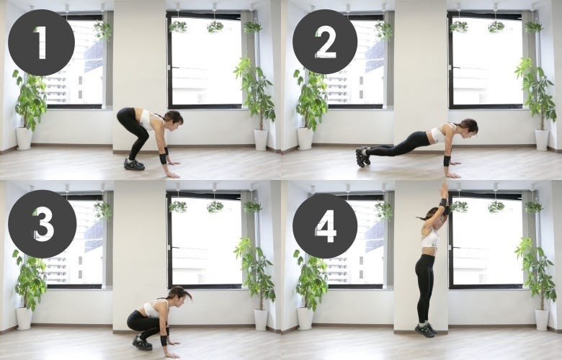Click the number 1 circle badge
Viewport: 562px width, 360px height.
(41, 42)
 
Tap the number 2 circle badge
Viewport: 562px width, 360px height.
(325, 42)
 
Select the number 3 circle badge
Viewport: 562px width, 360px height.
(42, 224)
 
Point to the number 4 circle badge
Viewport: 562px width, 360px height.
(325, 225)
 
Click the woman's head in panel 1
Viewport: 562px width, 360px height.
(174, 119)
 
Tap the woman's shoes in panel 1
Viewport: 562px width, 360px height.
(134, 164)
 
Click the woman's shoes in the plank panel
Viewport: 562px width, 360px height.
(362, 156)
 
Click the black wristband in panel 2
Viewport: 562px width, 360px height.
(447, 161)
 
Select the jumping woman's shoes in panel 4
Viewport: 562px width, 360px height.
(426, 330)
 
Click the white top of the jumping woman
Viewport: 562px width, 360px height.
(430, 238)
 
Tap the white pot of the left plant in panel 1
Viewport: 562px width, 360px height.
(24, 138)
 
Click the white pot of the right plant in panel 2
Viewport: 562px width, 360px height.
(542, 140)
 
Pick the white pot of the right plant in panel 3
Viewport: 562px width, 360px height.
(261, 320)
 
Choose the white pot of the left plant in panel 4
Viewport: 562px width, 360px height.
(305, 318)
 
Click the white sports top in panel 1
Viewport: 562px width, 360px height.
(147, 120)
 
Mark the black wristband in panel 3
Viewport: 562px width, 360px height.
(164, 340)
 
